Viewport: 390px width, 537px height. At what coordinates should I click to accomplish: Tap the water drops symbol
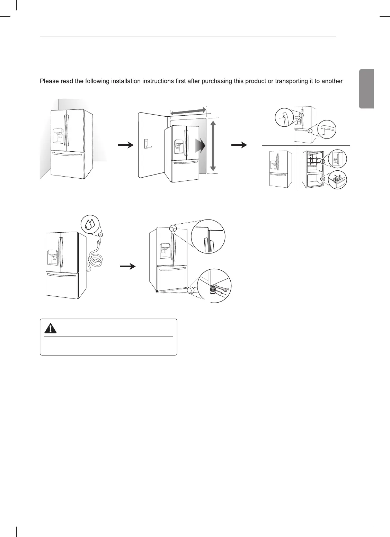coord(89,223)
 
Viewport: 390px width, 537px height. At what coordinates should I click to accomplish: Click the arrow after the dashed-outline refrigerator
coord(125,146)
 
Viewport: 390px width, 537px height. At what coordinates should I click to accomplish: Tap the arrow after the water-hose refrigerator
coord(127,266)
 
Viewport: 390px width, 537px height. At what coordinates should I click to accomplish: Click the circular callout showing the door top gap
coord(208,237)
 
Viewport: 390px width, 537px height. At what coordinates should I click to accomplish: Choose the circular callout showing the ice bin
coord(337,180)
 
